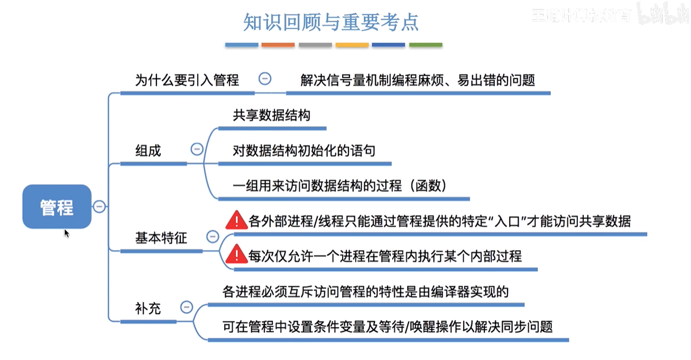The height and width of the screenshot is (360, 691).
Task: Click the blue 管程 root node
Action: point(57,207)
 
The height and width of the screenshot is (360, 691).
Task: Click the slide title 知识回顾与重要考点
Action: point(330,23)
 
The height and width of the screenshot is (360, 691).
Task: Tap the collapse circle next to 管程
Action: point(99,207)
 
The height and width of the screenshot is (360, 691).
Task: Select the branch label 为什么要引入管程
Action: point(187,80)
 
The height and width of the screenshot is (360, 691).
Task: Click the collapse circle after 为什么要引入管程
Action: point(265,79)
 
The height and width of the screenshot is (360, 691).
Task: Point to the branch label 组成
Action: point(148,151)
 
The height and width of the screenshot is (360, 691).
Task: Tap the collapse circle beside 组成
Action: point(197,150)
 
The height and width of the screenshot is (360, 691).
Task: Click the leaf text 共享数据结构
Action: point(271,115)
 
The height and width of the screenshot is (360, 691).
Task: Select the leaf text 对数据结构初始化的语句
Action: point(304,151)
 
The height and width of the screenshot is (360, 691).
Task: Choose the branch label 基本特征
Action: point(161,238)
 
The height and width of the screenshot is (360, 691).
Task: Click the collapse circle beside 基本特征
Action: point(212,237)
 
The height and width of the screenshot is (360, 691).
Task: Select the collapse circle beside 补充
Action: point(186,307)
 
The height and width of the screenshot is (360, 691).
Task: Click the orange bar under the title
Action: point(278,45)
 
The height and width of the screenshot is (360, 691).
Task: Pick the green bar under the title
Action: point(426,45)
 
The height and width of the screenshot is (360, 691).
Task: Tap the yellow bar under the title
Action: point(352,45)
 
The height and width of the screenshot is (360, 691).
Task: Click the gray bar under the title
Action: point(315,45)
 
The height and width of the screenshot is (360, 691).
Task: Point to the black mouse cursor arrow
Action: point(67,233)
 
